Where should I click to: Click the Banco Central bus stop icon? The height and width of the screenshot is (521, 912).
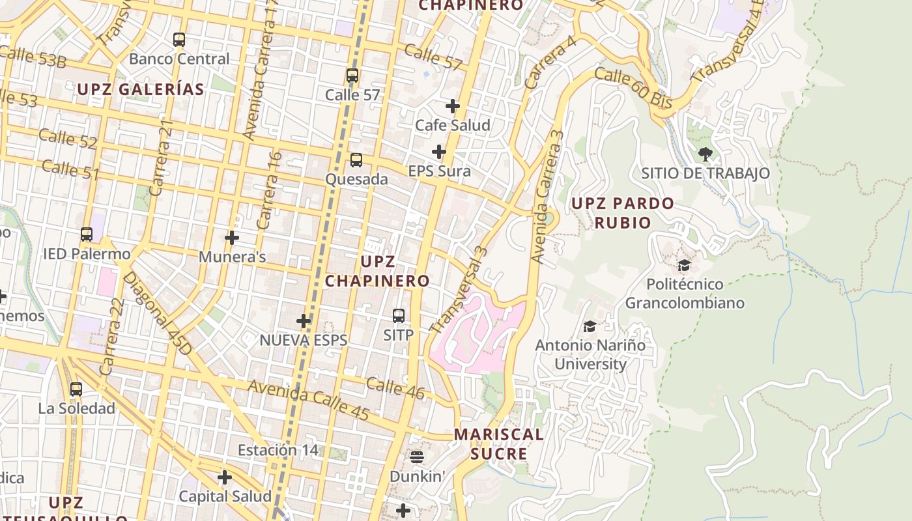pos(179,40)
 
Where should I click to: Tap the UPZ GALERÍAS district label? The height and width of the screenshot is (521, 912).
pos(141,90)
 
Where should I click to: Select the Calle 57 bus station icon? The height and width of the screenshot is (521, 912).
pos(352,76)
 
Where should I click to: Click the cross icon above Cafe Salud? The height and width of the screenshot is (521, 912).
pos(453,106)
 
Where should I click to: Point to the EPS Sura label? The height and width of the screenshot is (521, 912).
pos(439,171)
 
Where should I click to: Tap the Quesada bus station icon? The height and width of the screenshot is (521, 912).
pos(356,160)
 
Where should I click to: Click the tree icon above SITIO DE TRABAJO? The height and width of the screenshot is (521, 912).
pos(705,154)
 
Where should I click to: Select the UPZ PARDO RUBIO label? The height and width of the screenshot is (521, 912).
pos(622,213)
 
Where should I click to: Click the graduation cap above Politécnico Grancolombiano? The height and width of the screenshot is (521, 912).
pos(684,266)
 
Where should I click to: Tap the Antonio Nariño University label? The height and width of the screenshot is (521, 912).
pos(590,354)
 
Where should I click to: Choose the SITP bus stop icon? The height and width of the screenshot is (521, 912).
pos(399,316)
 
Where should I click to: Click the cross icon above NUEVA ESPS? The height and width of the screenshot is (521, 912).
pos(304,321)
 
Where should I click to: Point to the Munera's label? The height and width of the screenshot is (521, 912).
pos(232,257)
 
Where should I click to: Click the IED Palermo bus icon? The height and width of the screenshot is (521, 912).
pos(87,234)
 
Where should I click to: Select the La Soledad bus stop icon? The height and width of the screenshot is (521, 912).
pos(76,389)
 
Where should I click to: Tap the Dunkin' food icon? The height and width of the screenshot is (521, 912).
pos(417,457)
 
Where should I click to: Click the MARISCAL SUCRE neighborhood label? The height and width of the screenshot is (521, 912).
pos(498,444)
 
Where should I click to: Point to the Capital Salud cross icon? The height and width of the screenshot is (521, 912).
pos(225,478)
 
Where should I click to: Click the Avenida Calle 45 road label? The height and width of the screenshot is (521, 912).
pos(309,400)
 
